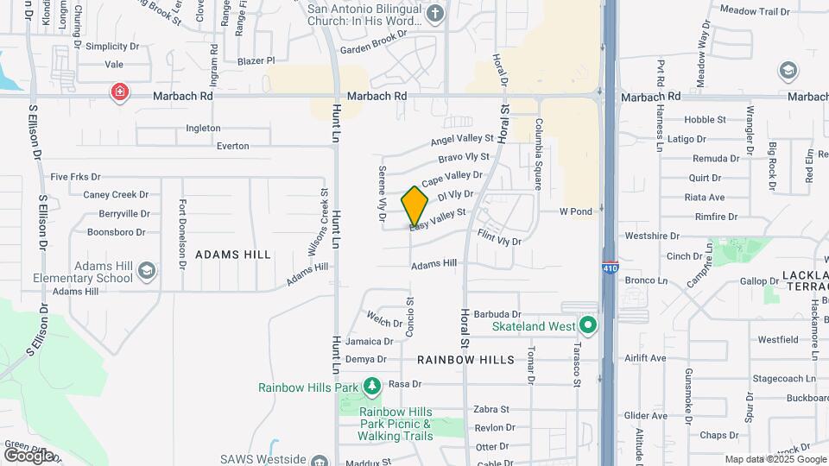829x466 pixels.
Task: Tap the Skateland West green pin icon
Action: tap(588, 326)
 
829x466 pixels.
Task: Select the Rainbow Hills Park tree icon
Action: tap(371, 386)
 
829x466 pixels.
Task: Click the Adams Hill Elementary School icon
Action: tap(146, 273)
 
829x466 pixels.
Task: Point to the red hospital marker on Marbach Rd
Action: tap(119, 91)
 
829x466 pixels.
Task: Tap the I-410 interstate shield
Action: tap(610, 268)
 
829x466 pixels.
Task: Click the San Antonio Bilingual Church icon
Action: tap(435, 13)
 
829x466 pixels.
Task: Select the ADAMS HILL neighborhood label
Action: tap(233, 255)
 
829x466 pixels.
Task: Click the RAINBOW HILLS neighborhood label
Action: tap(465, 359)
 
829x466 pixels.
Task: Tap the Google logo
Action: tap(28, 455)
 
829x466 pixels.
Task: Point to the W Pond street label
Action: tap(576, 211)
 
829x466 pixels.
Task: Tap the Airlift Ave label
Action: tap(645, 357)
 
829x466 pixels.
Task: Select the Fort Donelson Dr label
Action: tap(182, 233)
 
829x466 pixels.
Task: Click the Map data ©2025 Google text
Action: tap(774, 459)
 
